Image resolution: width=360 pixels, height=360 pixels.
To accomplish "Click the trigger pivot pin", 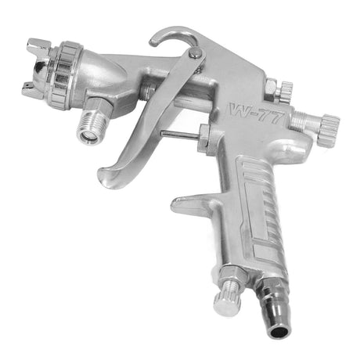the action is click(x=196, y=52).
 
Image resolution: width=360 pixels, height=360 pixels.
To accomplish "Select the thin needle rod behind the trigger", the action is click(x=180, y=135).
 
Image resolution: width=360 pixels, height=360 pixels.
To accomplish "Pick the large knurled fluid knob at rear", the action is click(x=329, y=128).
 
